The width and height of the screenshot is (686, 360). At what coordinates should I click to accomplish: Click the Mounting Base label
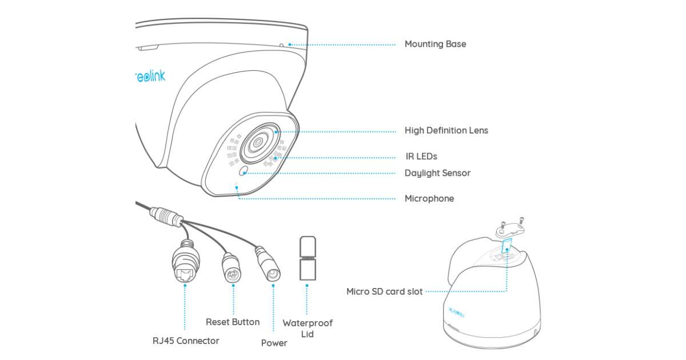[435, 44]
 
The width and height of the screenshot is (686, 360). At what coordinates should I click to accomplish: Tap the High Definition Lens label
[446, 130]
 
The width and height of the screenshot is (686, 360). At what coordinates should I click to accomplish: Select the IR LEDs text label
[421, 156]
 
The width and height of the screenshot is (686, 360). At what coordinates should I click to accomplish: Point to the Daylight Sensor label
[437, 173]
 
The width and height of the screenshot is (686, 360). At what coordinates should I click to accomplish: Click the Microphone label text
[429, 198]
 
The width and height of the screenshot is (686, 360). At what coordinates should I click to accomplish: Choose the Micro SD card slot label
[384, 291]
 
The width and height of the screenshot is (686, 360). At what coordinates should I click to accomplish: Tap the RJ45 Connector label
[186, 341]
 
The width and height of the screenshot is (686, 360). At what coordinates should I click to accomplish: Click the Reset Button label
[233, 322]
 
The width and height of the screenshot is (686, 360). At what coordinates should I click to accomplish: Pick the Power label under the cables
[274, 343]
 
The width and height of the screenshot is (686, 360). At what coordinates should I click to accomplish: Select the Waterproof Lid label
[307, 328]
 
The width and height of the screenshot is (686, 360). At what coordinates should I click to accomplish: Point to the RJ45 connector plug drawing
[184, 264]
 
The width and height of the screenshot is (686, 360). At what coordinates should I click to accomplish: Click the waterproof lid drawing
[307, 258]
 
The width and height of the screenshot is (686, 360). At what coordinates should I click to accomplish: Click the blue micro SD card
[505, 247]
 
